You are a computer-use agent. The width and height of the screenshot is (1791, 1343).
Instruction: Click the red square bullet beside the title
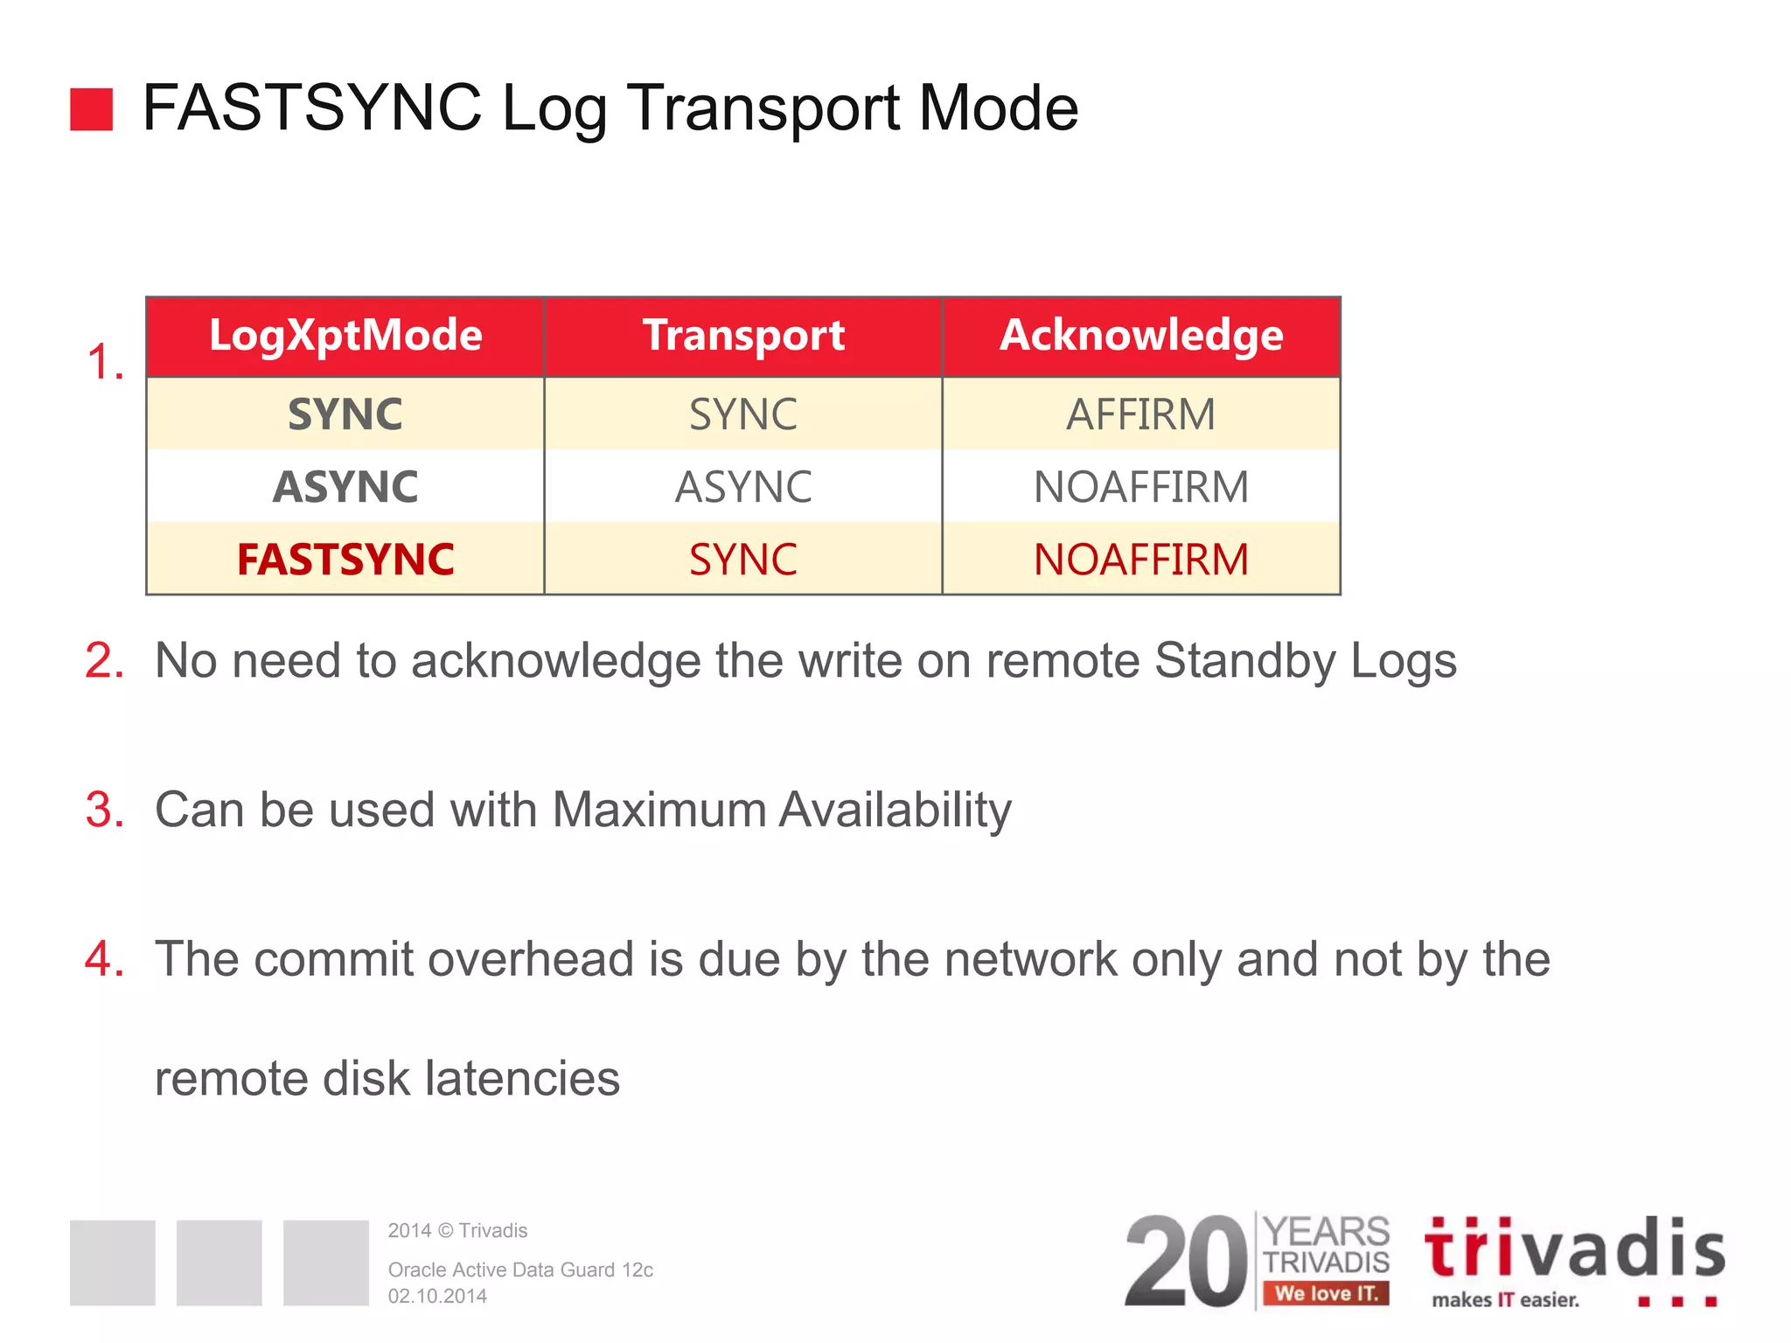click(x=91, y=109)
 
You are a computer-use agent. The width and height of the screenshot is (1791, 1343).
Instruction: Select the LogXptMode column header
click(x=345, y=336)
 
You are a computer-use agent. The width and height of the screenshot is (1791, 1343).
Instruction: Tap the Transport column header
click(x=743, y=336)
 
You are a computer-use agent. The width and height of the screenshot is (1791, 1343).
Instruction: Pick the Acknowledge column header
click(x=1141, y=336)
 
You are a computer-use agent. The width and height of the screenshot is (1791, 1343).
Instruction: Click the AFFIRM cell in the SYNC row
click(x=1140, y=414)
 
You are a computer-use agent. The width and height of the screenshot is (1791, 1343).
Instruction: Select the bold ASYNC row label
click(x=345, y=487)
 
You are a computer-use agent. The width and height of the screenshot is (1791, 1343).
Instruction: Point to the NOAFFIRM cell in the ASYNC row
click(x=1140, y=487)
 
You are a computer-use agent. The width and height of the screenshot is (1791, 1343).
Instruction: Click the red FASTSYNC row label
click(x=345, y=560)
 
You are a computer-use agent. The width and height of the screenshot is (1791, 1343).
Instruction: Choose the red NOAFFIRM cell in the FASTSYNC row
click(x=1140, y=560)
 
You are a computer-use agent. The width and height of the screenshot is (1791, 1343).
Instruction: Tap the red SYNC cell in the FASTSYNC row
click(x=743, y=560)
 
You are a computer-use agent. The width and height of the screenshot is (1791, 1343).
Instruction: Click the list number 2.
click(x=104, y=660)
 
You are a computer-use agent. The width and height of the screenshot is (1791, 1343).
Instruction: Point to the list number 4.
click(x=104, y=959)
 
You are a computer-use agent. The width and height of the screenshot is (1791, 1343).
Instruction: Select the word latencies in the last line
click(x=522, y=1078)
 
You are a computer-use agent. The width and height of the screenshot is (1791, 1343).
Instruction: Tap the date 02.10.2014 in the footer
click(x=437, y=1296)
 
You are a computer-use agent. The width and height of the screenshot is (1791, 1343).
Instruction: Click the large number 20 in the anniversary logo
click(x=1187, y=1262)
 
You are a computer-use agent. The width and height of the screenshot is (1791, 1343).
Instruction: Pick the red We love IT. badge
click(x=1326, y=1293)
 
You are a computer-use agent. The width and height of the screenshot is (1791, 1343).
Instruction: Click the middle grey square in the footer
click(x=219, y=1263)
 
